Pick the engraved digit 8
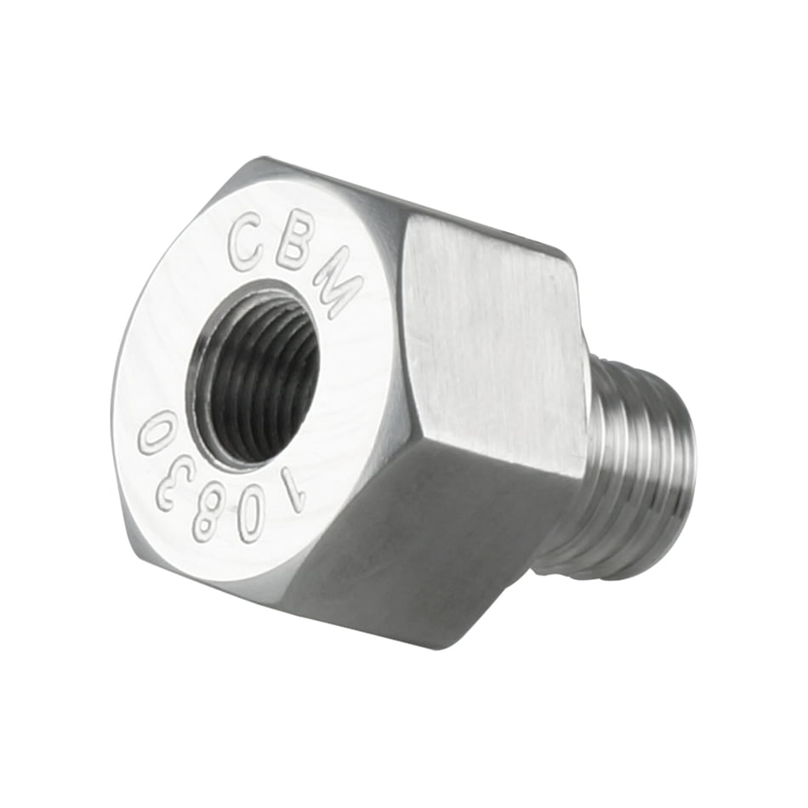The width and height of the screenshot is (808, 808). click(209, 516)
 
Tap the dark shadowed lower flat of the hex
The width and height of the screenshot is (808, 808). click(425, 544)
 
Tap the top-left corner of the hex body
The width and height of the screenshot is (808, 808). click(247, 162)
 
